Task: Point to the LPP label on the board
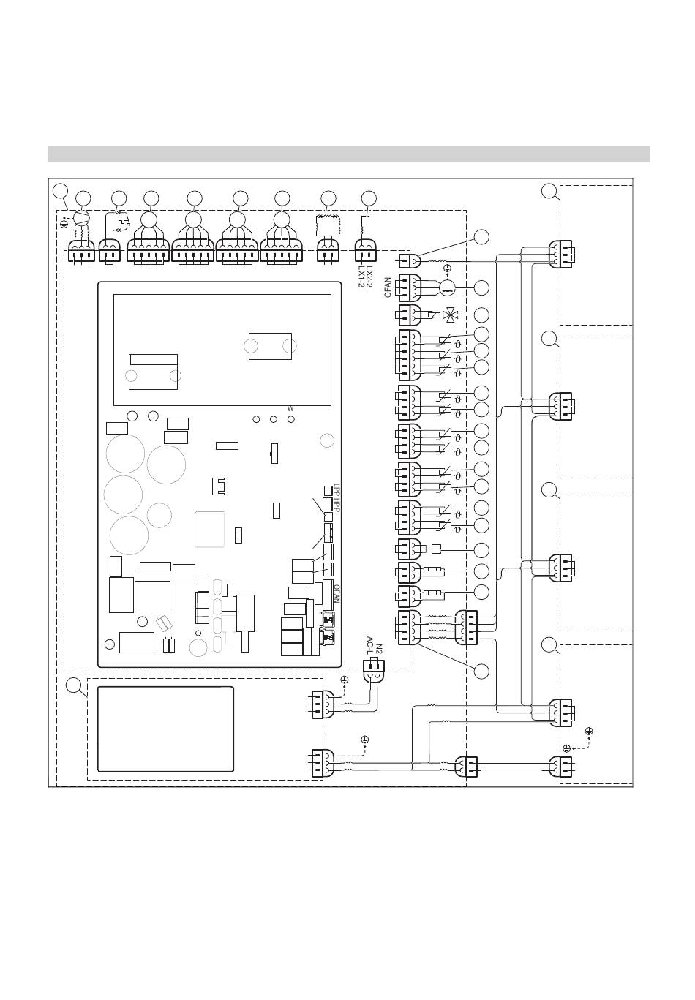337,488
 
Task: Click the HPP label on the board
337,504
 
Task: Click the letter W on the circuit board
290,408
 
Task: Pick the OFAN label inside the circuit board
337,593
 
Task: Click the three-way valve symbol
453,315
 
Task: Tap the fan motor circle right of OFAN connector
447,287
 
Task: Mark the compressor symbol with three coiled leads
82,218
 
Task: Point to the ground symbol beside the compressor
64,217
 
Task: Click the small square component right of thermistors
437,549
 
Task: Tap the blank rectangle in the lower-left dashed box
166,729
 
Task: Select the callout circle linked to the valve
481,315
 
